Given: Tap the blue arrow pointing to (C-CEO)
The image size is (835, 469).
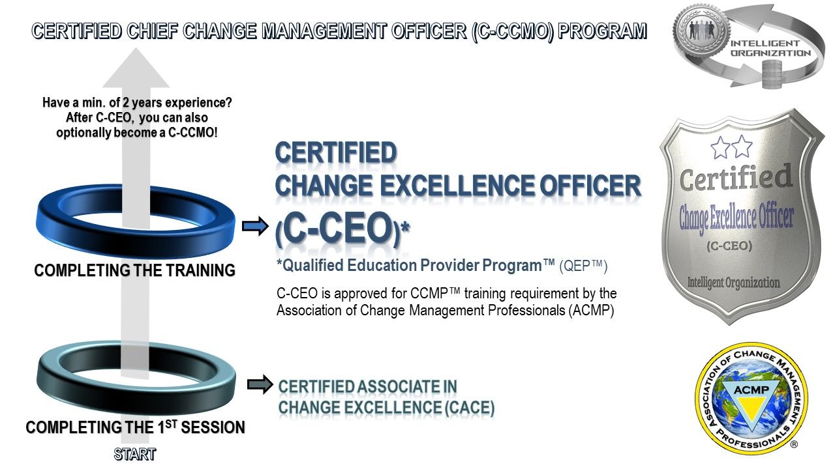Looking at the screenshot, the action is [x=255, y=226].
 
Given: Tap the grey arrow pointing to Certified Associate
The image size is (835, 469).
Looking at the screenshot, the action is [x=260, y=384].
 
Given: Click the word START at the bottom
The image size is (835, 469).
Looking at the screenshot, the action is [x=135, y=455].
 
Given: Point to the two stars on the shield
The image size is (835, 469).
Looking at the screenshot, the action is [x=731, y=147].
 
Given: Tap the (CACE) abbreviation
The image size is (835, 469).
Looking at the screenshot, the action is [x=470, y=408].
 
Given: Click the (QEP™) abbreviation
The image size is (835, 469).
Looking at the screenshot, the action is [x=583, y=266].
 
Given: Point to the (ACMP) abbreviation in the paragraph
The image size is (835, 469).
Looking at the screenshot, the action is [x=591, y=310].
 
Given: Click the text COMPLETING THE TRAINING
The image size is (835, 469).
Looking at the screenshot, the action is [x=134, y=270].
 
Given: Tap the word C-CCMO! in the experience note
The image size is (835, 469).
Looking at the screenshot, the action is [x=192, y=133].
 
